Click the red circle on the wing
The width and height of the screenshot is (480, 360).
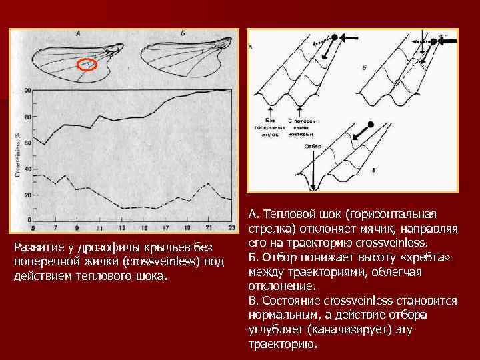click(87, 65)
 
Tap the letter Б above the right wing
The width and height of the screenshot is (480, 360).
click(183, 33)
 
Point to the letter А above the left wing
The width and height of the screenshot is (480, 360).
click(79, 33)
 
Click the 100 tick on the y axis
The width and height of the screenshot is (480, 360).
click(27, 91)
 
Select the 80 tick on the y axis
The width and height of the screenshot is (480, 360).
click(27, 117)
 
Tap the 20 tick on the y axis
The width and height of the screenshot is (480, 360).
click(27, 195)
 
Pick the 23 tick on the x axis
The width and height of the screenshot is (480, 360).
click(231, 228)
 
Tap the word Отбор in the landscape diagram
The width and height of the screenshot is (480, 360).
click(312, 146)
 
